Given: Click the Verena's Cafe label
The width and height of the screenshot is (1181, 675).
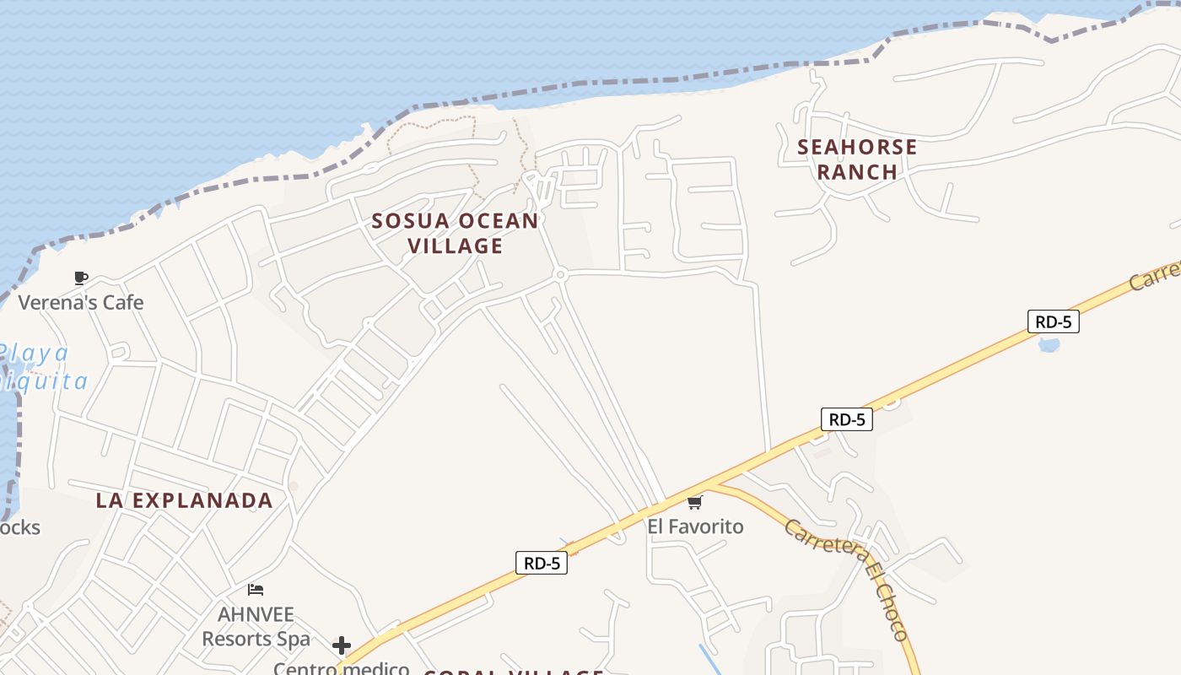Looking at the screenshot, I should (81, 302).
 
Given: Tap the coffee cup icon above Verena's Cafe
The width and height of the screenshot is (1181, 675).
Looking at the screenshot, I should (81, 278).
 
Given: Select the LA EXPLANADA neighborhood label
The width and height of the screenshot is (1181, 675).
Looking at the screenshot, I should (184, 500).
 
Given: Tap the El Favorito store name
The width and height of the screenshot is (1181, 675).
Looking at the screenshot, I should (695, 526).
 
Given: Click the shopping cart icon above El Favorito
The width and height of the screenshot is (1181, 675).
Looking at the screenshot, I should (694, 503).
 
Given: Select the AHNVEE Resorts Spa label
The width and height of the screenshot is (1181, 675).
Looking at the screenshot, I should (256, 626).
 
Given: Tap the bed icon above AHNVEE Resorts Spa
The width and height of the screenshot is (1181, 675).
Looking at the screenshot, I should (256, 589).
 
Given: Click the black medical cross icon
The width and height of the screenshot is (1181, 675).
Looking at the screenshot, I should (342, 645).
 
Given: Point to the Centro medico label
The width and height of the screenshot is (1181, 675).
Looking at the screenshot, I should (341, 668).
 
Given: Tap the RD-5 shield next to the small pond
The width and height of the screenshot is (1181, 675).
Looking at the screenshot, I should (1053, 321).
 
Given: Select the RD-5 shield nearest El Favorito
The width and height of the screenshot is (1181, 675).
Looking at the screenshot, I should (846, 419).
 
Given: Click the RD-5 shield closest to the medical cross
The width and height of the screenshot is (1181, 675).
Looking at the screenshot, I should (541, 563).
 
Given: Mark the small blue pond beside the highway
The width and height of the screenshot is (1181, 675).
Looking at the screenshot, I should (1049, 344).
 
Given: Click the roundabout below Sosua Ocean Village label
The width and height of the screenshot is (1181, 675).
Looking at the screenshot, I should (559, 274).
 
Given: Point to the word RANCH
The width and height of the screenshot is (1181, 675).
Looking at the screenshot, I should (857, 171).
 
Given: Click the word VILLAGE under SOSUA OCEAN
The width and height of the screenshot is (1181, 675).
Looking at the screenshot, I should (456, 246).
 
